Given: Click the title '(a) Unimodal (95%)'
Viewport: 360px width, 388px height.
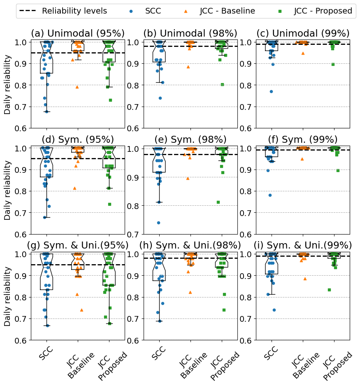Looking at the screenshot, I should pos(78,33).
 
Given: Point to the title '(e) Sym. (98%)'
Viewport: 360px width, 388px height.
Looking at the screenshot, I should pos(190,139).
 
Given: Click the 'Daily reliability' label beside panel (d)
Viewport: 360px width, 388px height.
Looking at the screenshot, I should pos(8,191).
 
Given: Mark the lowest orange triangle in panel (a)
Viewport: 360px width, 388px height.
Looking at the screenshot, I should pos(77,87).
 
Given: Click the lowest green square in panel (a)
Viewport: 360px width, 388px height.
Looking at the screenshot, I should pos(110,100).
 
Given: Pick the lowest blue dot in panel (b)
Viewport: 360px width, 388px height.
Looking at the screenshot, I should pos(160,98).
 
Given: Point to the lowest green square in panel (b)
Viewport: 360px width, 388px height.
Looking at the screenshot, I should pos(223,84).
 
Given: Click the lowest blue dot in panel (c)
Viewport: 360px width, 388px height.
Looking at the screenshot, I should pos(271,91).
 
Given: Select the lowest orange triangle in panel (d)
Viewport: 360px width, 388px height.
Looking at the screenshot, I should pos(74,188).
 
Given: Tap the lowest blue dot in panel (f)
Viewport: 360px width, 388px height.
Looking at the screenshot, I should pos(270,195).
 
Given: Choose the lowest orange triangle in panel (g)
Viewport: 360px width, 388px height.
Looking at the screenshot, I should pos(81,310).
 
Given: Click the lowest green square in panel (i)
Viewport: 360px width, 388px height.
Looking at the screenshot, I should pos(329,290).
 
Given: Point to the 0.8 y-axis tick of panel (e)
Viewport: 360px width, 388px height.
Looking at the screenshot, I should pos(133,206).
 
